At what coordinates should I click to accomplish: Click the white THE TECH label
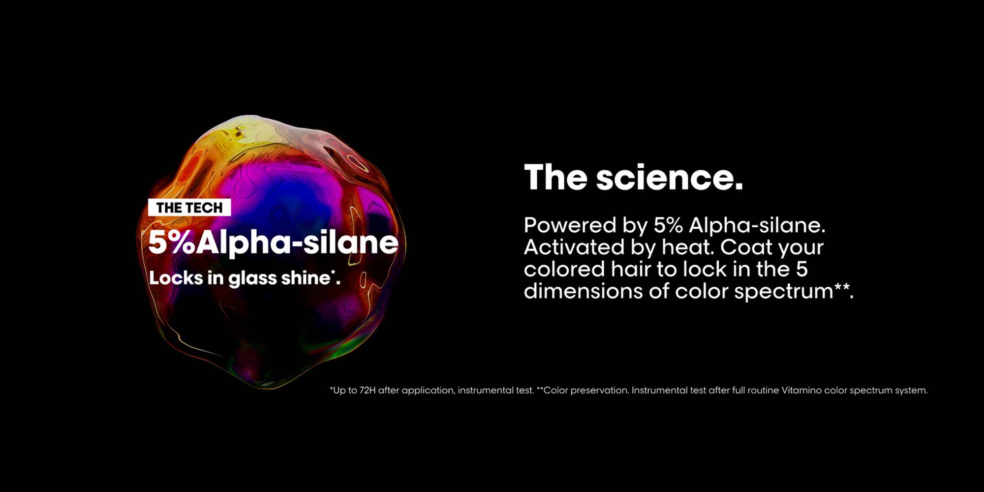coord(189,208)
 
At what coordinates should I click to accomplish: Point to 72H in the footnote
coord(368,390)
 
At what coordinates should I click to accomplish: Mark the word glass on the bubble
coord(252,278)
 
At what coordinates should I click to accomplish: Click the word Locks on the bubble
coord(176,278)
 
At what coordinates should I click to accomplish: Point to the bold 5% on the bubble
coord(171,242)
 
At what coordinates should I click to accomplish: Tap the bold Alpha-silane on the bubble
coord(297,242)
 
